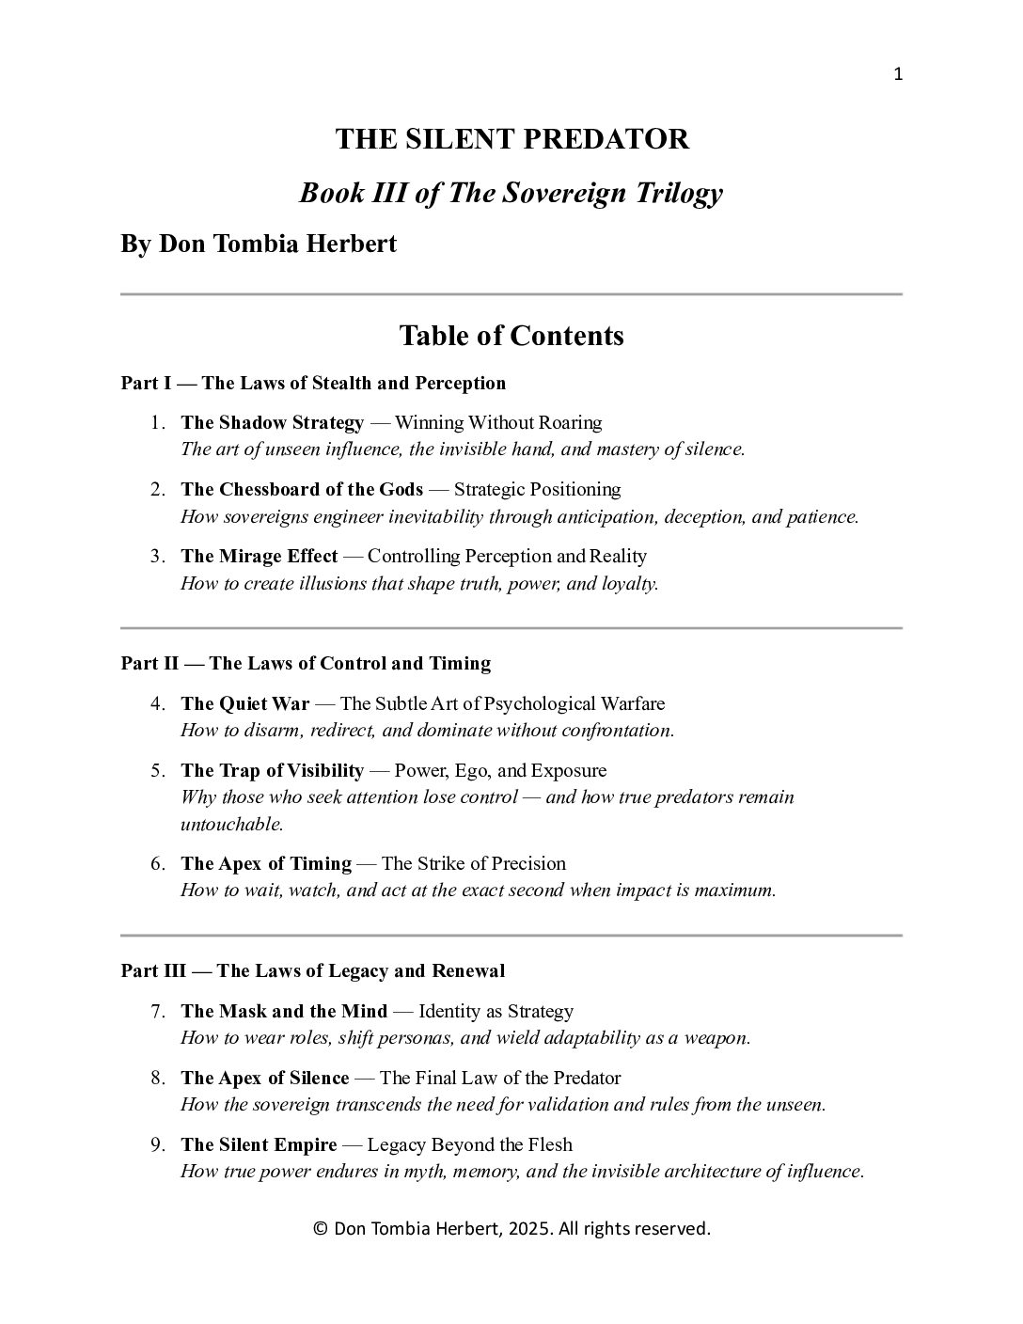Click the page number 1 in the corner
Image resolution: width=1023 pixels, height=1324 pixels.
tap(897, 75)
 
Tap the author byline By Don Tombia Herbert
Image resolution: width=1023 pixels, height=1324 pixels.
tap(259, 244)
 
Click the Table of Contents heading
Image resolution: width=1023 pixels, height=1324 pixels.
tap(511, 336)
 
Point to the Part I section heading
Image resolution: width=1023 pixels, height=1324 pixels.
tap(313, 383)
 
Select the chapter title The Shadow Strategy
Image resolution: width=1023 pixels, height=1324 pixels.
tap(272, 422)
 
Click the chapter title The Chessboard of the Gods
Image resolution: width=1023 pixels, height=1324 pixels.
tap(302, 489)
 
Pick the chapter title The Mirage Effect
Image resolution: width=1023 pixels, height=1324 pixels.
tap(259, 556)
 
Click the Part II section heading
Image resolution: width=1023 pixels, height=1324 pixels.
tap(306, 663)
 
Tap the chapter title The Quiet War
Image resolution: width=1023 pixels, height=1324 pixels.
tap(244, 703)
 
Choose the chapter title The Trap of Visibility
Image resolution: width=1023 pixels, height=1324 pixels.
tap(272, 770)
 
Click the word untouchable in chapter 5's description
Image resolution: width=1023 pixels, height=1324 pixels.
tap(231, 824)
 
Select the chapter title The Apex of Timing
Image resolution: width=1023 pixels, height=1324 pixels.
tap(266, 863)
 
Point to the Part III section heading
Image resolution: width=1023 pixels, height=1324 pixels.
tap(313, 970)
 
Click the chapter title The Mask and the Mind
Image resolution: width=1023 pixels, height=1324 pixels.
tap(284, 1011)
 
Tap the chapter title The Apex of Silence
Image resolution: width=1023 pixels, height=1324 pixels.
tap(264, 1078)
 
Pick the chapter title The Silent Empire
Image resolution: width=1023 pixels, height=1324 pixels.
tap(259, 1144)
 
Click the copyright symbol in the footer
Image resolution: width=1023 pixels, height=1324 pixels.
tap(320, 1229)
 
